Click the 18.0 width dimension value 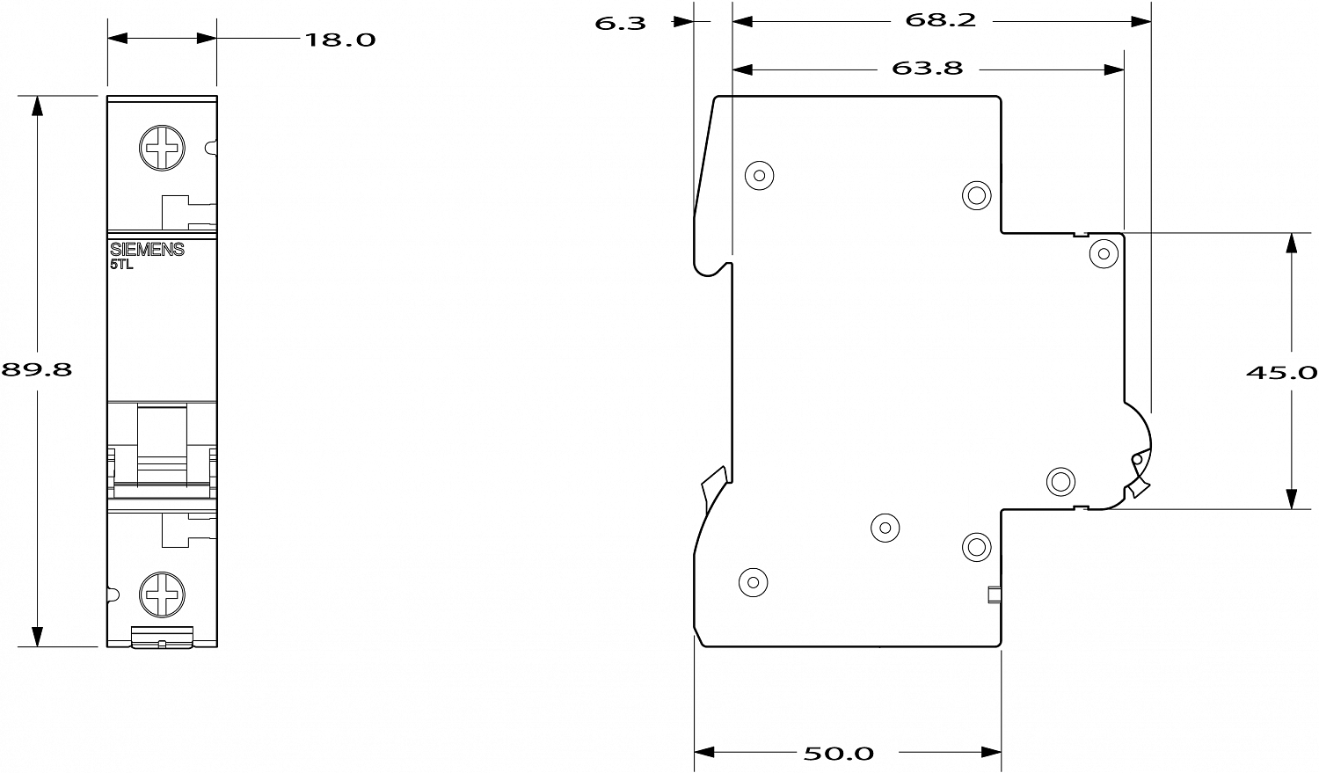click(340, 40)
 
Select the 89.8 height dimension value click(37, 369)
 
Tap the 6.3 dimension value click(620, 24)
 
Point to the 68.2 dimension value click(940, 20)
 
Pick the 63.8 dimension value click(928, 69)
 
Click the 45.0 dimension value click(1281, 372)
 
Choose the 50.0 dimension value click(839, 753)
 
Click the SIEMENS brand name click(147, 250)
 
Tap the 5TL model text click(122, 265)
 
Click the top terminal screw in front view click(162, 148)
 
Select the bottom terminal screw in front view click(162, 594)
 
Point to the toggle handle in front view click(162, 445)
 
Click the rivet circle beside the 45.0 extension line click(1104, 254)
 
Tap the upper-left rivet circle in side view click(759, 175)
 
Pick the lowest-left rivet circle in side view click(753, 582)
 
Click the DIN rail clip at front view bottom click(162, 637)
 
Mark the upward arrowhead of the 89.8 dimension click(37, 106)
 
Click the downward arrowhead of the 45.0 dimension click(1292, 499)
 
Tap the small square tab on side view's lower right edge click(995, 595)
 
